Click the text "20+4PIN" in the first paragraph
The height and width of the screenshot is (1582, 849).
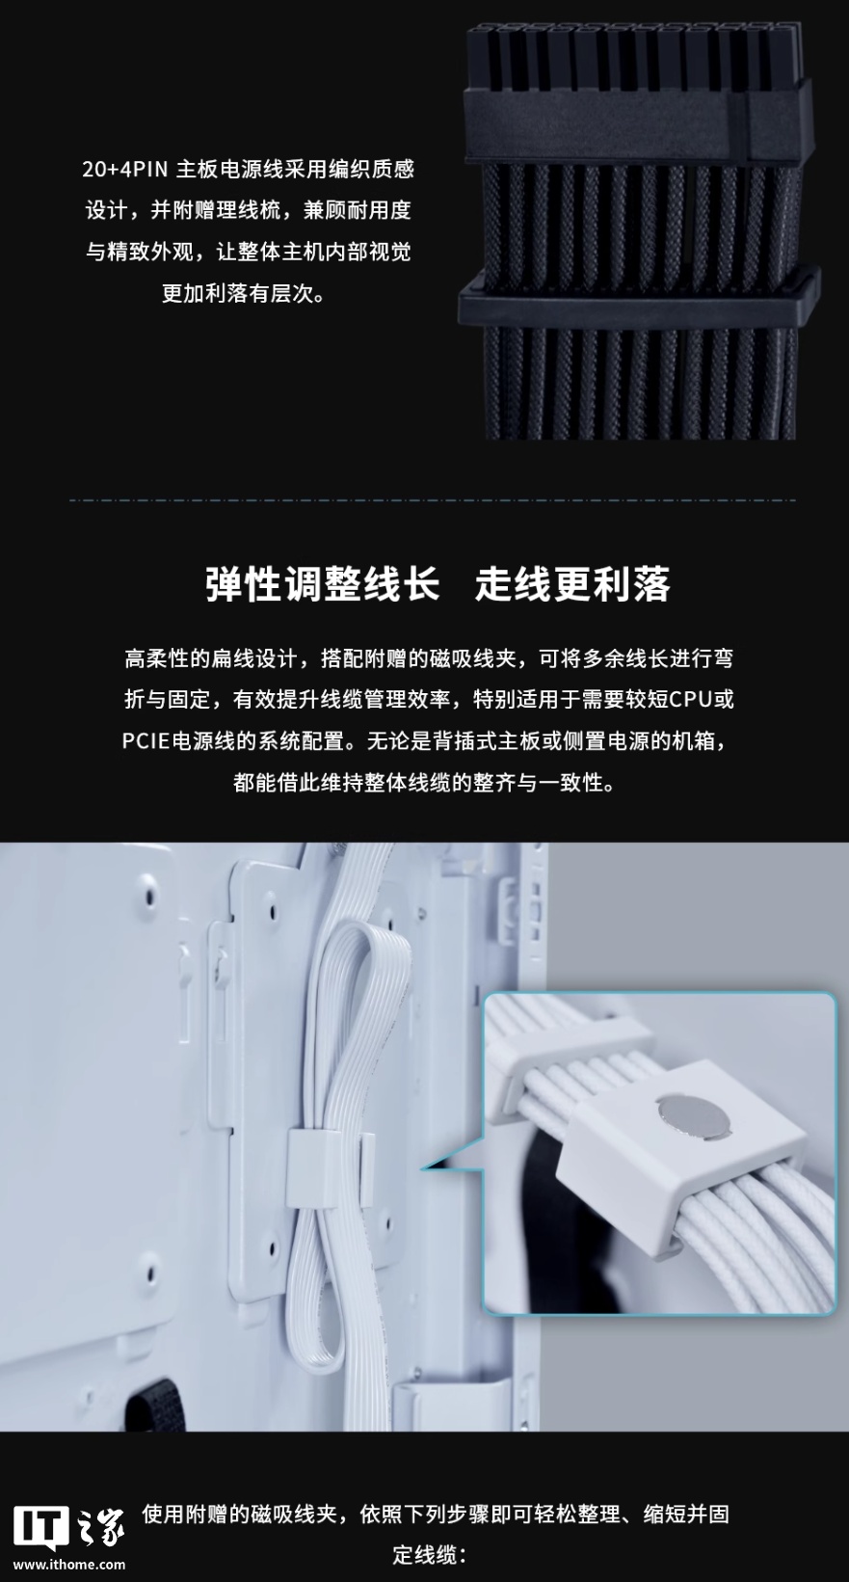pyautogui.click(x=125, y=171)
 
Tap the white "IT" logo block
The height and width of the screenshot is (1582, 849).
pyautogui.click(x=40, y=1527)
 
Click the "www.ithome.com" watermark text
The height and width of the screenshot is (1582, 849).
pyautogui.click(x=69, y=1565)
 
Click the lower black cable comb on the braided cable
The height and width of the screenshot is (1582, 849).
pyautogui.click(x=639, y=300)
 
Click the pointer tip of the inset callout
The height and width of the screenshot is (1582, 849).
pyautogui.click(x=421, y=1168)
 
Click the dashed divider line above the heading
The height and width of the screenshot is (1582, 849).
pyautogui.click(x=433, y=500)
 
